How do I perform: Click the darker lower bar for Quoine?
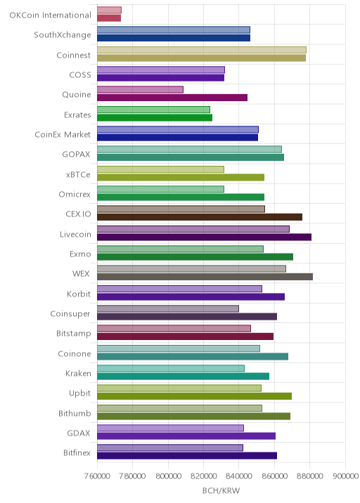pos(172,98)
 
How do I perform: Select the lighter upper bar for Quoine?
pos(140,89)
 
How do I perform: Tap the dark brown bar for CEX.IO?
pos(200,217)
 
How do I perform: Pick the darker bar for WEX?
pos(205,277)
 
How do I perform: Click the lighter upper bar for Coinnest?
pos(202,50)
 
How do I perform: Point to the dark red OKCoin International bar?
pos(109,18)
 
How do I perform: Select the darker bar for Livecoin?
pos(204,237)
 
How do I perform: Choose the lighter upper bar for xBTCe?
pos(160,169)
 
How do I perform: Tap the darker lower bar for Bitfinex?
pos(187,456)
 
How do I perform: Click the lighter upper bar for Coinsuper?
pos(168,308)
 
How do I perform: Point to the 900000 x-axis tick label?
pos(345,476)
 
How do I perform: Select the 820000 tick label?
pos(204,476)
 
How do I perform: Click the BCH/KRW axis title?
pos(221,490)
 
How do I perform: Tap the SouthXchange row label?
pos(63,34)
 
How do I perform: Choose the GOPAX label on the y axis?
pos(76,155)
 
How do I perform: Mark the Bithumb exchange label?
pos(75,413)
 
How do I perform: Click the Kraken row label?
pos(78,374)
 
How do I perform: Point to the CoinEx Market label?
pos(63,134)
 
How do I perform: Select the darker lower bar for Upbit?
pos(194,396)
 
